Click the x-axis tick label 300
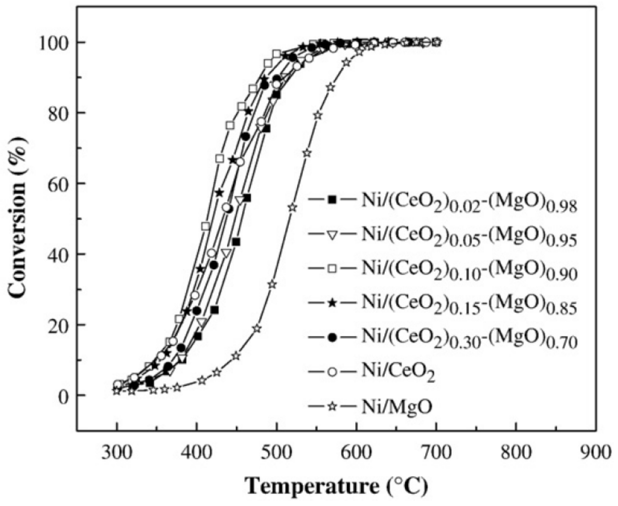pyautogui.click(x=117, y=453)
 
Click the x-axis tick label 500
pyautogui.click(x=276, y=453)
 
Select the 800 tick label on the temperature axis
pyautogui.click(x=516, y=453)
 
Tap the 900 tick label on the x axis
pyautogui.click(x=595, y=453)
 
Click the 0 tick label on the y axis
pyautogui.click(x=63, y=396)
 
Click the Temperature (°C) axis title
pyautogui.click(x=336, y=486)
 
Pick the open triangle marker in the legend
pyautogui.click(x=333, y=235)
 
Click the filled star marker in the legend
pyautogui.click(x=333, y=303)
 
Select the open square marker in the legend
pyautogui.click(x=333, y=268)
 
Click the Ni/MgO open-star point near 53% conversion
pyautogui.click(x=293, y=207)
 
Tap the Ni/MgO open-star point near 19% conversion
pyautogui.click(x=256, y=328)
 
